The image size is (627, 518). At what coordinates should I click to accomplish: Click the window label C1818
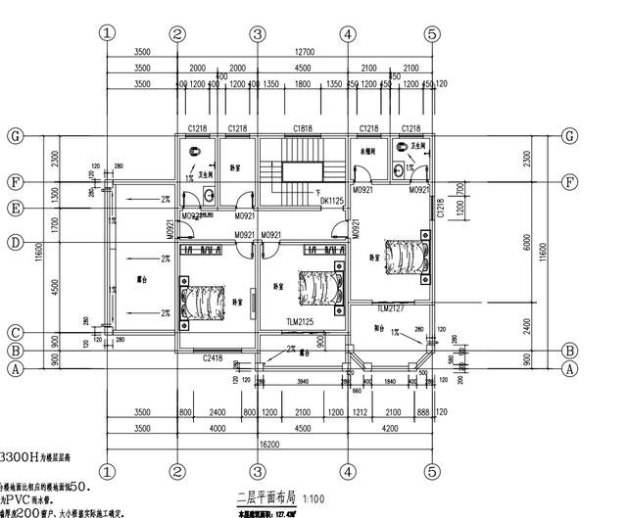click(x=303, y=129)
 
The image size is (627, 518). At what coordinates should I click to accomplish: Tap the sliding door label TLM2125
click(x=302, y=321)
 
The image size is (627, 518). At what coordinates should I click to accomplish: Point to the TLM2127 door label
click(x=391, y=308)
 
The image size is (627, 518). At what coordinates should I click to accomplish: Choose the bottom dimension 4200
click(x=389, y=428)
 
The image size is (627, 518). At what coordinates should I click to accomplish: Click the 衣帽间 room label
click(x=367, y=154)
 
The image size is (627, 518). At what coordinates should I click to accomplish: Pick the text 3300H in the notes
click(x=21, y=457)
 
